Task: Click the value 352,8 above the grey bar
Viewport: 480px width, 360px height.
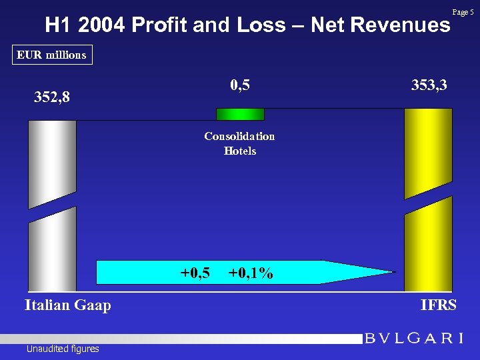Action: coord(52,98)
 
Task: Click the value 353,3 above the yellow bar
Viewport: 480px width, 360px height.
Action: coord(429,85)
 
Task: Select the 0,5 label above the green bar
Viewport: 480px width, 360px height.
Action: coord(240,85)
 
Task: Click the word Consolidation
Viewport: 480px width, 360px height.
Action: coord(239,136)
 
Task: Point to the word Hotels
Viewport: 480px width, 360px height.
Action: coord(240,151)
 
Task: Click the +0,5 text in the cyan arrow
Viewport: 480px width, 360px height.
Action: coord(195,273)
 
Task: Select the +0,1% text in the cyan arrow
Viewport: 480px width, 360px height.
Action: coord(250,273)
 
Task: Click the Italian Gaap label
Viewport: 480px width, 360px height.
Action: coord(67,305)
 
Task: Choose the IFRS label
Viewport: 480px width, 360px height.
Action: coord(439,305)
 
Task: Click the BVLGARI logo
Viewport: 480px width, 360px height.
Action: coord(414,338)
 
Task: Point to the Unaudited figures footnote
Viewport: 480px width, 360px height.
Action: coord(63,349)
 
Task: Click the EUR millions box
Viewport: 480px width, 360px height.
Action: coord(52,55)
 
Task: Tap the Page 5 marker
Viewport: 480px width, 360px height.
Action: coord(463,12)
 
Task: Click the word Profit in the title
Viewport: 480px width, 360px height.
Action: coord(157,25)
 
